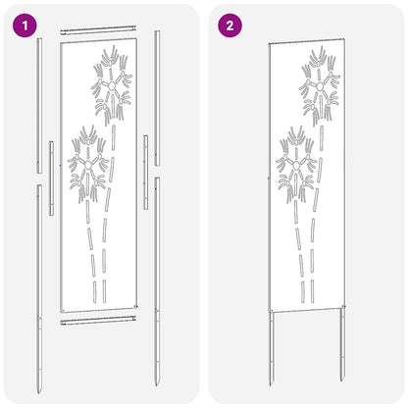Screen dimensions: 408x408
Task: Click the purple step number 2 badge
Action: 229,25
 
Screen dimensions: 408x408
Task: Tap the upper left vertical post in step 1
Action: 39,108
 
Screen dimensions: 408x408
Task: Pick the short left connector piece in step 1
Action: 50,177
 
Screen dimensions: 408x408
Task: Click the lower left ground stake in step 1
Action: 38,284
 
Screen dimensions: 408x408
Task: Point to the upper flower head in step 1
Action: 112,88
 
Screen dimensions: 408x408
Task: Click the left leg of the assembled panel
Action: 272,353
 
